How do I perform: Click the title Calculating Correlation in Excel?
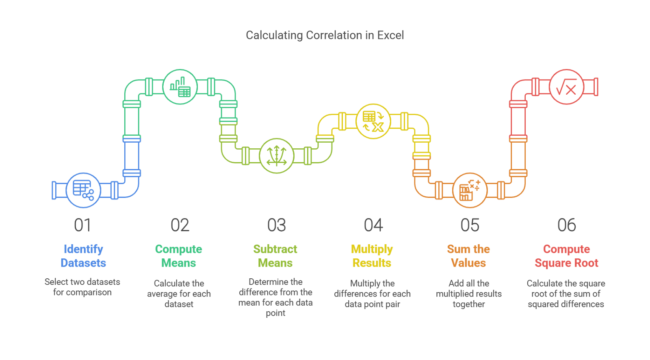pos(325,35)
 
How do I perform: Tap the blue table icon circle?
pos(83,190)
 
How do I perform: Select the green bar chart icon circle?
pos(180,87)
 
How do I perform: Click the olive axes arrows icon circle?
pos(277,156)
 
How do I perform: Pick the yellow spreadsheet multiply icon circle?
pos(373,121)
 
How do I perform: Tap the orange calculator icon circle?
pos(470,190)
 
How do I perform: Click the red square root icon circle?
pos(566,87)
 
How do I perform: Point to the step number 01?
pos(82,225)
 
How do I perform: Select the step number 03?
pos(277,225)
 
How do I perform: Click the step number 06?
pos(566,225)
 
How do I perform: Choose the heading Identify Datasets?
pos(83,256)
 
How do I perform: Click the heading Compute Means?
pos(178,256)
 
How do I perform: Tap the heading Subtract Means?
pos(275,256)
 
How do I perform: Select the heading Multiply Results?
pos(372,256)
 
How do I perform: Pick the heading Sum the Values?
pos(468,256)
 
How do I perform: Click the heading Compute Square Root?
pos(566,256)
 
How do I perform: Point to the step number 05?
pos(470,225)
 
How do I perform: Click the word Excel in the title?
pos(390,35)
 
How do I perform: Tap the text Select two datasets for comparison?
pos(82,287)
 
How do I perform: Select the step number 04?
pos(373,225)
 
